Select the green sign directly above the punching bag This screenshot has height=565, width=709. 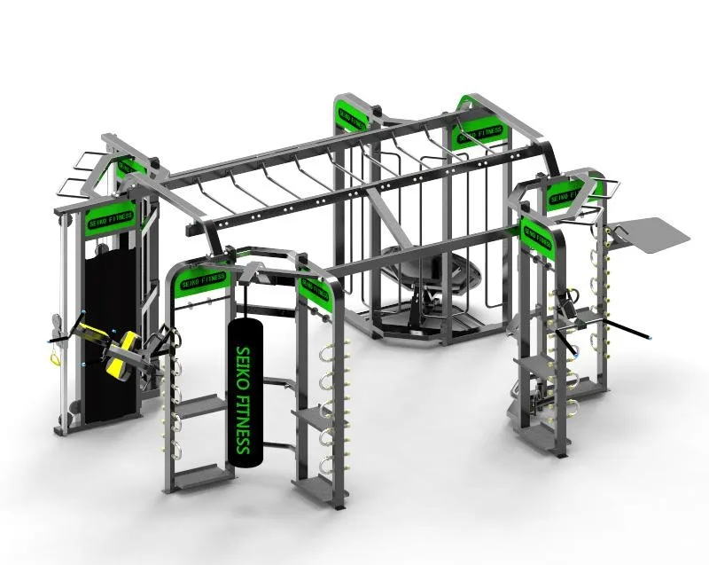203,279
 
